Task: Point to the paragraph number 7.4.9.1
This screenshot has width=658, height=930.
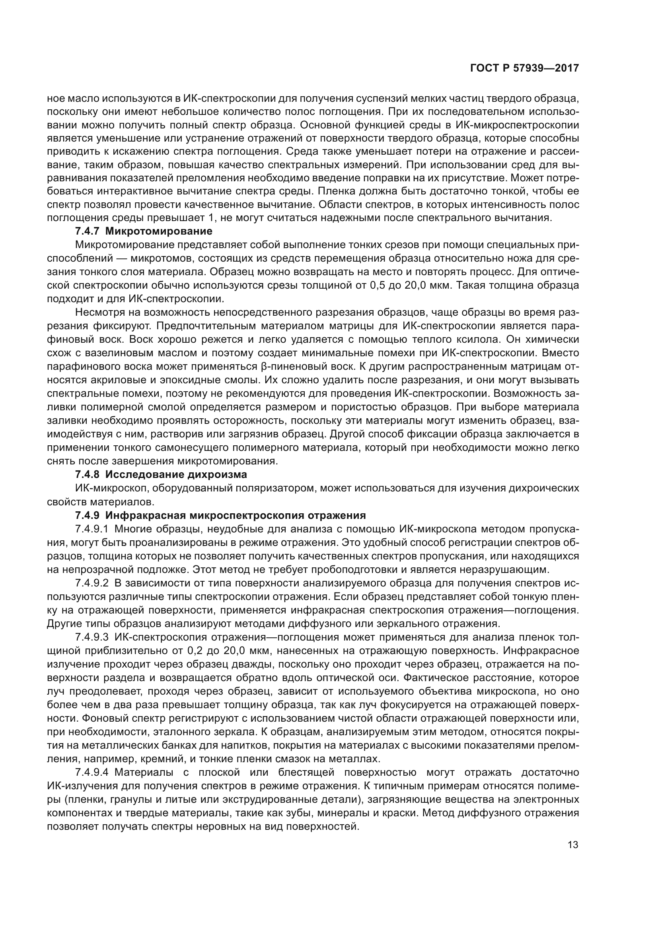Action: (91, 529)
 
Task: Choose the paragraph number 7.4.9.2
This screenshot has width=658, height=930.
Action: (91, 583)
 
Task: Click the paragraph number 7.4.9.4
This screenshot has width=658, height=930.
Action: (91, 773)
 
